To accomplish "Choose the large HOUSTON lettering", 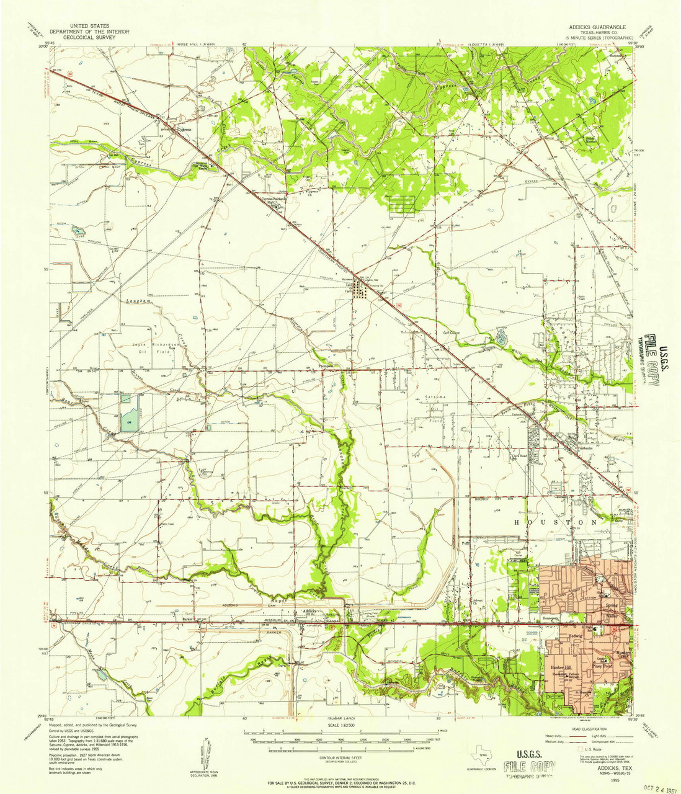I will click(556, 522).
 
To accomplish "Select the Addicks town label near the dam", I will click(309, 611).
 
